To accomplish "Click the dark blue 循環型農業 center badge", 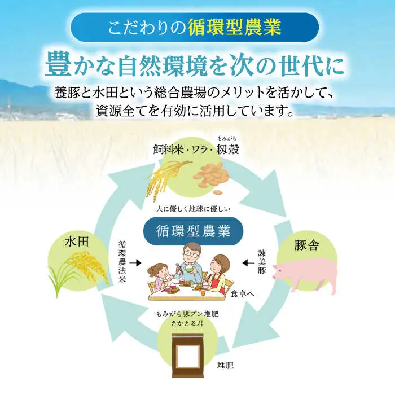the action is click(193, 231).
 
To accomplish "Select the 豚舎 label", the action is click(306, 245).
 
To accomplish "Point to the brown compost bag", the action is click(187, 355).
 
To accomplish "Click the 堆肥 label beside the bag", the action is click(226, 365).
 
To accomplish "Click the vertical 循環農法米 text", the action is click(122, 262).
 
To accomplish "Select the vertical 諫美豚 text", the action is click(261, 262).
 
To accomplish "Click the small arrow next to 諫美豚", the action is click(248, 263).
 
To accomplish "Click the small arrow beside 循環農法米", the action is click(135, 263).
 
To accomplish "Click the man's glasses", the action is click(190, 254).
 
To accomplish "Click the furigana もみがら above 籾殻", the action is click(227, 138).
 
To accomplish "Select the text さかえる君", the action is click(187, 323).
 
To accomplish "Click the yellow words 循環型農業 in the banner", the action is click(234, 28).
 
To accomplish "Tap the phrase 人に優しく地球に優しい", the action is click(193, 209).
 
